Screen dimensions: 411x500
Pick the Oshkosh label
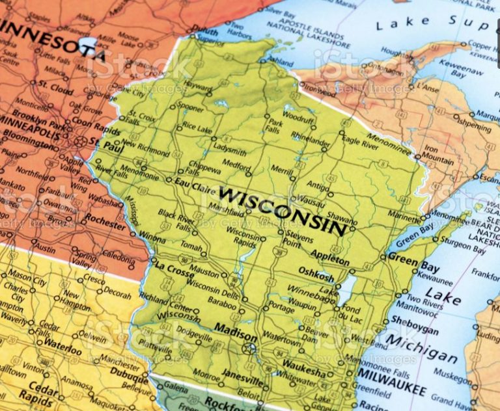click(316, 272)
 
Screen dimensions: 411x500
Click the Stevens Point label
click(300, 239)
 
